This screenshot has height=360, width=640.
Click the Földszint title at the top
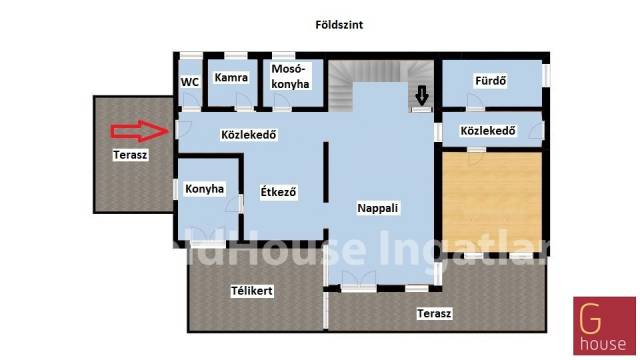[339, 25]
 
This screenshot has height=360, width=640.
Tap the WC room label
[190, 82]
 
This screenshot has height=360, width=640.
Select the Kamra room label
[231, 78]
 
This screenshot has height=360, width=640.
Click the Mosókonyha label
[290, 76]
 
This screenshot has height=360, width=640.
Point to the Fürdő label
[491, 80]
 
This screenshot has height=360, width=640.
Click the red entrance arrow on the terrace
[140, 131]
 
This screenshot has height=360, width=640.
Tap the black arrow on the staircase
[422, 95]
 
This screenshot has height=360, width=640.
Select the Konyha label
[204, 189]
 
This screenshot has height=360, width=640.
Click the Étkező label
[278, 191]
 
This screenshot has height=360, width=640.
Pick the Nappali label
[378, 208]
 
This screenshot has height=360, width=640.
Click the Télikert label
[251, 291]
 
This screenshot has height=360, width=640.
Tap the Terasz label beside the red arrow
[130, 155]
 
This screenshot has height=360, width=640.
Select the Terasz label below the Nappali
[434, 313]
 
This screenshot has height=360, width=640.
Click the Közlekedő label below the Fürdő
[488, 131]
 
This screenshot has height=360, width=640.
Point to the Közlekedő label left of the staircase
[249, 135]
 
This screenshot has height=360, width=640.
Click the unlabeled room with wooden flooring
[492, 196]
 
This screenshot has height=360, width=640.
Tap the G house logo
[604, 326]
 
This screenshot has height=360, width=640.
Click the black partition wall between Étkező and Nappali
[326, 172]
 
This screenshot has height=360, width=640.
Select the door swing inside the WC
[189, 99]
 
